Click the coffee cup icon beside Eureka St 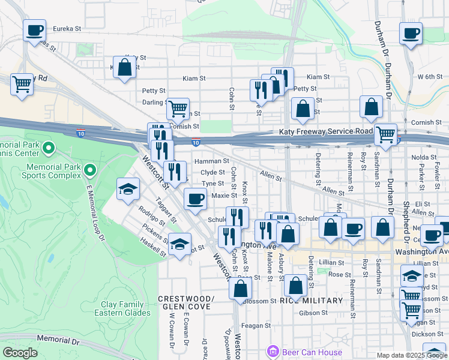pyautogui.click(x=35, y=29)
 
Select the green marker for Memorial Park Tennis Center pyautogui.click(x=49, y=147)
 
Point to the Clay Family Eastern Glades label pyautogui.click(x=122, y=308)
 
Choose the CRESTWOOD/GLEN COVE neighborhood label pyautogui.click(x=185, y=303)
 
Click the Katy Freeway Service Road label pyautogui.click(x=325, y=131)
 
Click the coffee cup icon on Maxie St pyautogui.click(x=194, y=199)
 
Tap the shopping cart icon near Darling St pyautogui.click(x=178, y=109)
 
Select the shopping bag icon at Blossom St pyautogui.click(x=240, y=289)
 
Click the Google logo pyautogui.click(x=20, y=353)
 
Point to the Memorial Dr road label pyautogui.click(x=58, y=340)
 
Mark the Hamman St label pyautogui.click(x=215, y=161)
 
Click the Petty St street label pyautogui.click(x=154, y=91)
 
